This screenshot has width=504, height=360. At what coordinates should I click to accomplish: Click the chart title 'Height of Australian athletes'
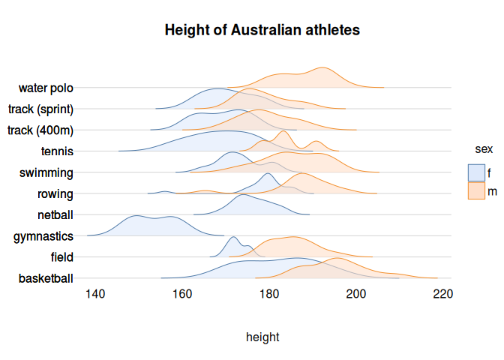(262, 31)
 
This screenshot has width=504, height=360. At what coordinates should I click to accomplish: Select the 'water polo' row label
(46, 88)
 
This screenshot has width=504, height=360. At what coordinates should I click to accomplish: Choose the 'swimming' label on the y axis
(46, 173)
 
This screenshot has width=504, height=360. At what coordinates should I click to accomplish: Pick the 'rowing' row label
(55, 194)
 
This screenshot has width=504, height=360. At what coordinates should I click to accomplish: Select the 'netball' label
(55, 215)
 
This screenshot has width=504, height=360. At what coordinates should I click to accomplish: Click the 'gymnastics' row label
(43, 236)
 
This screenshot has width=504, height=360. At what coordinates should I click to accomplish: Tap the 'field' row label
(61, 257)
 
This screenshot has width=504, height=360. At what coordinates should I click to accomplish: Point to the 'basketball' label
(46, 279)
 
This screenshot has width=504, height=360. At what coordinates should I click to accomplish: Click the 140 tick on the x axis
(95, 293)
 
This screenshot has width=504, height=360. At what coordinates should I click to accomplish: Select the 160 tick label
(182, 293)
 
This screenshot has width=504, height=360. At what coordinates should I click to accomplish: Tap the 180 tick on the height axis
(269, 293)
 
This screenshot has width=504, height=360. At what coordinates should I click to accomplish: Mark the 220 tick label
(442, 293)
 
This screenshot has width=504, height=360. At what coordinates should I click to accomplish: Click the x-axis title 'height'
(262, 337)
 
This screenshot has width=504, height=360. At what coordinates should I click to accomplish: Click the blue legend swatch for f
(476, 172)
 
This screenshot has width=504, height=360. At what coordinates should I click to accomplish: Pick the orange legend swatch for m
(476, 191)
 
